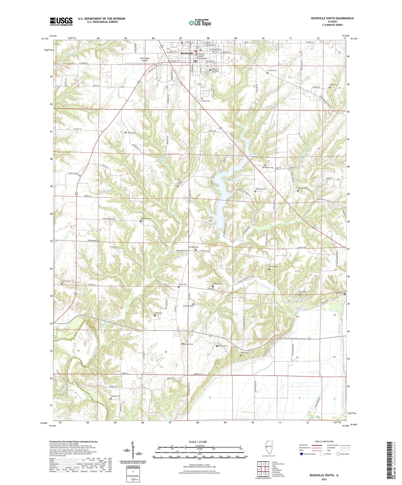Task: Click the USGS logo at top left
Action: click(61, 21)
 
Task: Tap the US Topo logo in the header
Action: click(200, 23)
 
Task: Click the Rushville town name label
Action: click(187, 53)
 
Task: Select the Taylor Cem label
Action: click(132, 133)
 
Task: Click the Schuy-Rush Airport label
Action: click(145, 59)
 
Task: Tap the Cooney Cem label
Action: click(272, 71)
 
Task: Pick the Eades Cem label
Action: click(334, 85)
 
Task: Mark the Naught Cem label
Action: click(115, 396)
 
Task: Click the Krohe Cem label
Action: click(245, 353)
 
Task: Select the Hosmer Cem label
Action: click(302, 188)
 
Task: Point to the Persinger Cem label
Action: click(193, 247)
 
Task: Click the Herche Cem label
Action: click(66, 281)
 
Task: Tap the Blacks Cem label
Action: click(206, 101)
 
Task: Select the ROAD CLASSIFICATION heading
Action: click(324, 441)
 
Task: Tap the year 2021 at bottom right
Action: click(324, 479)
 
